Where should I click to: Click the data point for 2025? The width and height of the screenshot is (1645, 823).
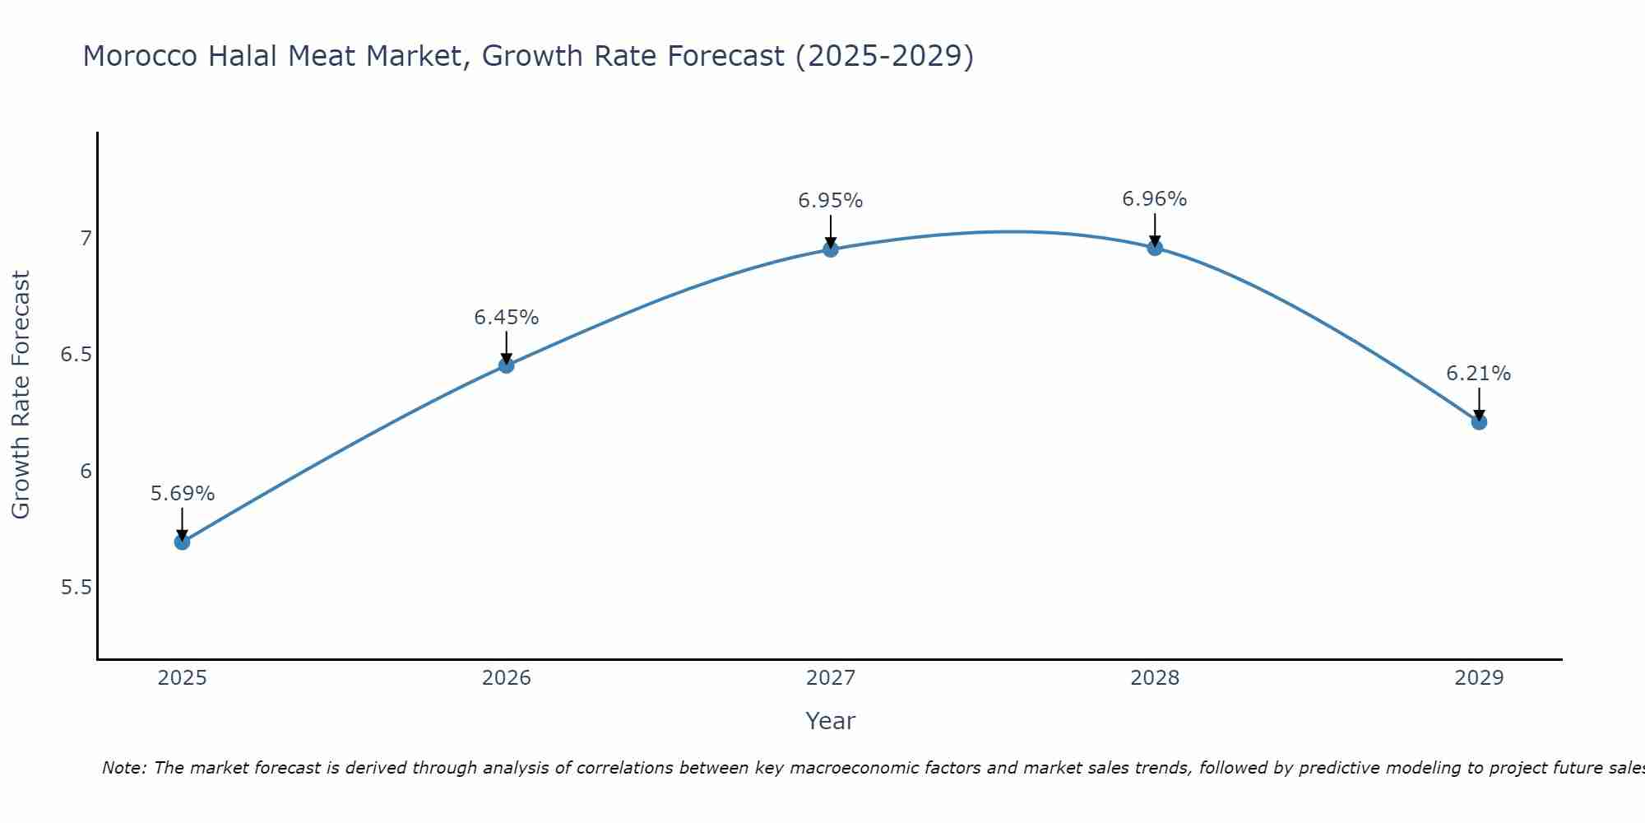click(183, 542)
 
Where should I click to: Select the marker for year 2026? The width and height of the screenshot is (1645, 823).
click(507, 365)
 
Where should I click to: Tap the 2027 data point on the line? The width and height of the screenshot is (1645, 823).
click(831, 249)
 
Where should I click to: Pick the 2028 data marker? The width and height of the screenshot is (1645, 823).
click(1155, 248)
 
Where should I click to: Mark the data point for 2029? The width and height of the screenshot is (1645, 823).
click(1479, 422)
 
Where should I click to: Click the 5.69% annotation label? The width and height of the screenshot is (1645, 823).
click(183, 494)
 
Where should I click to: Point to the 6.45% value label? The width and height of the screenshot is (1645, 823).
click(507, 318)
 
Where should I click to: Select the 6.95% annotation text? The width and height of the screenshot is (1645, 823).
click(831, 201)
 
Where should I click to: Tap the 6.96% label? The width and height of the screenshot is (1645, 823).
click(1155, 199)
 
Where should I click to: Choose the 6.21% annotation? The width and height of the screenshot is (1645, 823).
click(1479, 374)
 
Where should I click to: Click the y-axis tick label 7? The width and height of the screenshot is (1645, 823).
click(86, 239)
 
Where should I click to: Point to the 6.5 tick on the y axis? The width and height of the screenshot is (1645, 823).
click(76, 355)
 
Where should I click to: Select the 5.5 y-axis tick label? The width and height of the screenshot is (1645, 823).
click(76, 588)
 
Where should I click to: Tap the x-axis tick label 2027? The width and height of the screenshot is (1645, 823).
click(831, 678)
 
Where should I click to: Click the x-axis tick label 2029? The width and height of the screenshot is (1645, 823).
click(1479, 678)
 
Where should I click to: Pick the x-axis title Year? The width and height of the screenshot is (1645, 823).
click(831, 721)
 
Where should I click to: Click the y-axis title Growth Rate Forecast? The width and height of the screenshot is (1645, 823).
click(21, 395)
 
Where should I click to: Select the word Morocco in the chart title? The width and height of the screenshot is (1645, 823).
click(141, 56)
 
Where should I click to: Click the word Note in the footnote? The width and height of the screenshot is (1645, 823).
click(123, 768)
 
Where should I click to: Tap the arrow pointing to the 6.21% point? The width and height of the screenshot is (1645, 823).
click(1479, 404)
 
